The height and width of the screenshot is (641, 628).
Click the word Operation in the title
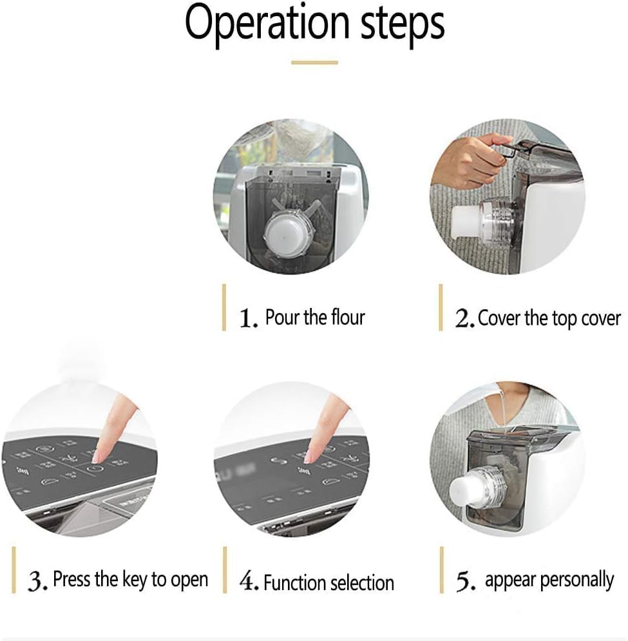[267, 24]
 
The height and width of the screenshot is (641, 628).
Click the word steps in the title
[402, 25]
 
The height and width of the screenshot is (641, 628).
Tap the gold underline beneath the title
[314, 62]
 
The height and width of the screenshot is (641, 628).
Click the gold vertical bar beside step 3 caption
[14, 569]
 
